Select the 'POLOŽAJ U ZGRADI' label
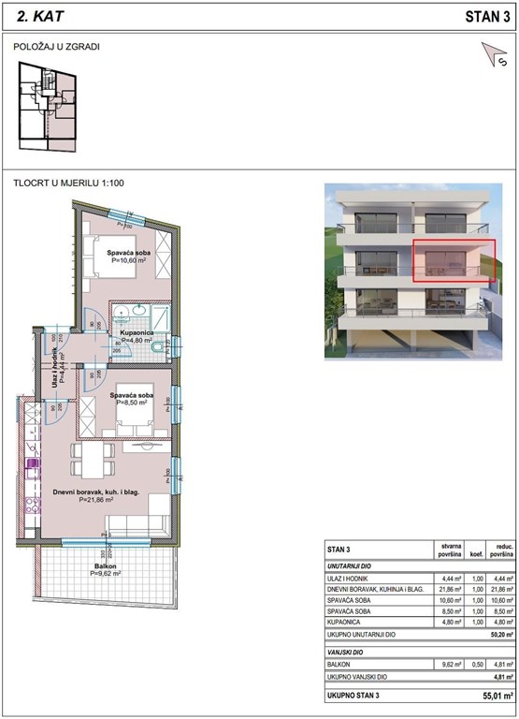click(x=57, y=46)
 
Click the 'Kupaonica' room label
click(x=142, y=332)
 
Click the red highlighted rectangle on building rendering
click(x=454, y=259)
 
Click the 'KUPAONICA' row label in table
click(x=347, y=620)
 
